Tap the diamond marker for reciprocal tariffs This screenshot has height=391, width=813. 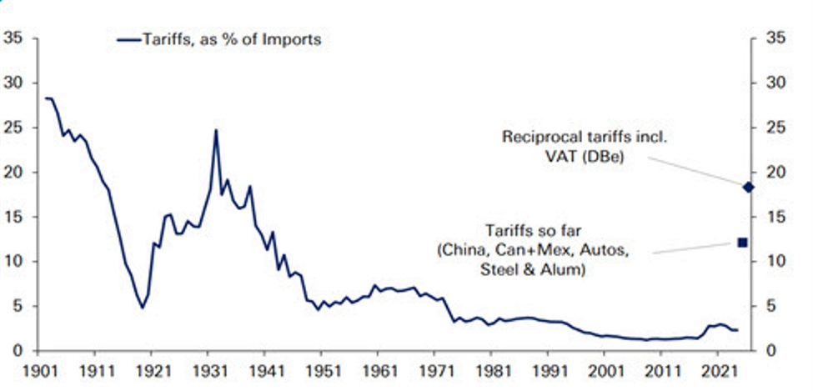click(x=748, y=187)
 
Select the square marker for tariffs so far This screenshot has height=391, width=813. click(x=743, y=243)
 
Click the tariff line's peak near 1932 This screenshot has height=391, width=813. click(x=216, y=130)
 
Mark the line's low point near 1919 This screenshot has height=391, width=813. click(x=143, y=308)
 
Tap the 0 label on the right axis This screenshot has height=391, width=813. click(x=775, y=351)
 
